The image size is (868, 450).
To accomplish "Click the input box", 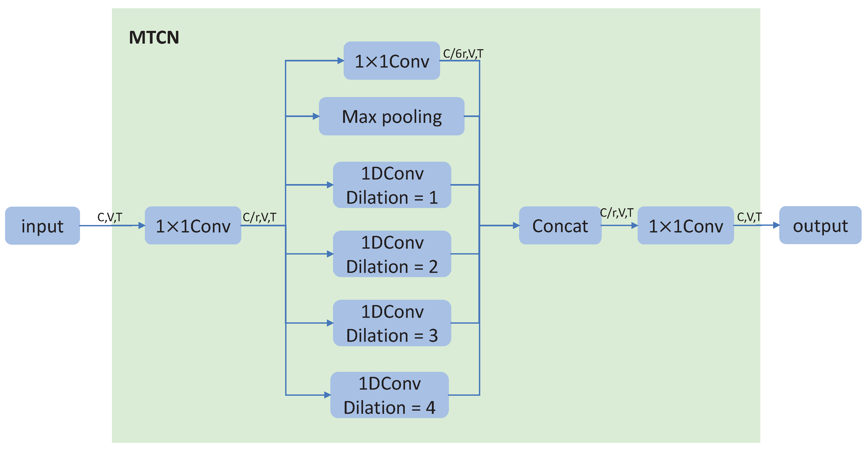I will coord(43,226).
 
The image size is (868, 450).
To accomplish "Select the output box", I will coord(820,225).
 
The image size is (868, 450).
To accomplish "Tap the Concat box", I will coord(560,226).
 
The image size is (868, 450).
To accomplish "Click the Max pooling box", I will coord(391,116).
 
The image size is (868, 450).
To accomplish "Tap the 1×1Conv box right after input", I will coord(193,226).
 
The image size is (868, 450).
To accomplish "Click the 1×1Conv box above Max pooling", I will coord(391,61).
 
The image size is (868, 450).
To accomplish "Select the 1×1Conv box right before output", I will coord(685,226).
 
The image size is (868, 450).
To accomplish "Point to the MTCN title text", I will coord(154,37).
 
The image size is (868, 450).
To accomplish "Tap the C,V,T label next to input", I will coord(109,217).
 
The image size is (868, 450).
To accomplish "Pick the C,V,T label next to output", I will coord(749,217).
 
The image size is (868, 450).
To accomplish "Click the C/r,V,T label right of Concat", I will coord(616,213).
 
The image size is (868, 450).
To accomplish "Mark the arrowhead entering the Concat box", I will coord(516,226).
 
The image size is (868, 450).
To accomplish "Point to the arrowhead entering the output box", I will coord(776,225).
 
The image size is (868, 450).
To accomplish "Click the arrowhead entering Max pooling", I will coord(316,116).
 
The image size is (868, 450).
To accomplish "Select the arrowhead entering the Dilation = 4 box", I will coord(327,395).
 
